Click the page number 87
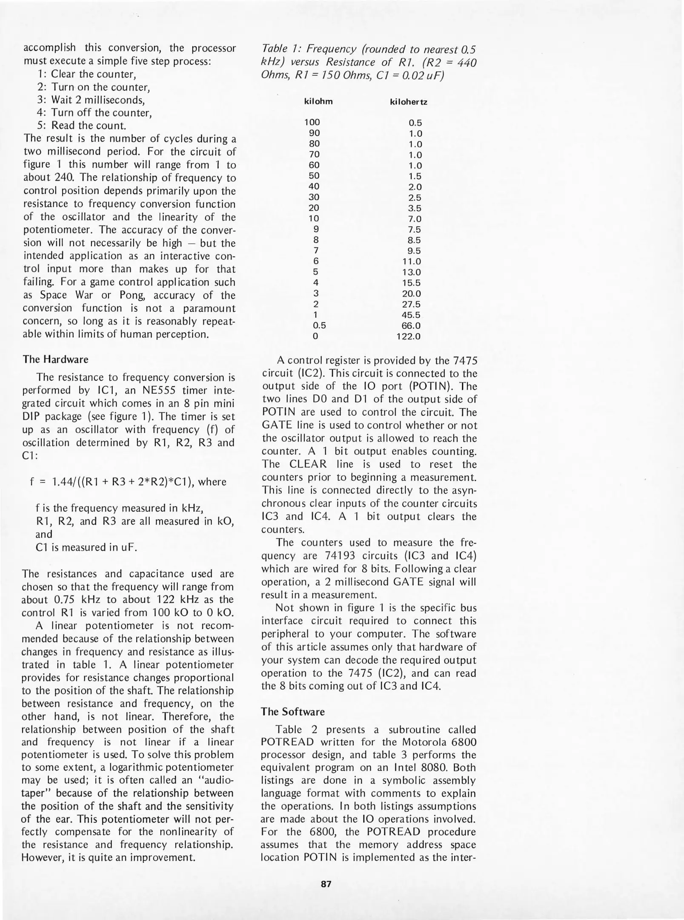(326, 884)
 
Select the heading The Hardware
(56, 359)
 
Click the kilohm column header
(318, 101)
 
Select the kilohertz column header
(409, 102)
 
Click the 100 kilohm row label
(312, 122)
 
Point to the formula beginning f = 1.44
(128, 482)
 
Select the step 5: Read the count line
(82, 126)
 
